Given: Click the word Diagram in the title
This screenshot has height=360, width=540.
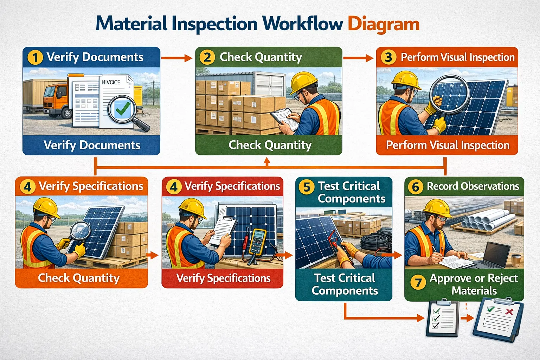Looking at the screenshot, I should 383,24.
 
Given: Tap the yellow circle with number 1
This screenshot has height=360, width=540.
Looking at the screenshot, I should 35,57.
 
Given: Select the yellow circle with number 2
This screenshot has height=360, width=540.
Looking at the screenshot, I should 207,57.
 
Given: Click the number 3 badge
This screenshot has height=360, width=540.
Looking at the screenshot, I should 388,57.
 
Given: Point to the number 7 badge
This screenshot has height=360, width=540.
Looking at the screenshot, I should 418,282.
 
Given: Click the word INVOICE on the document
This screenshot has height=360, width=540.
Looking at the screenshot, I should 111,82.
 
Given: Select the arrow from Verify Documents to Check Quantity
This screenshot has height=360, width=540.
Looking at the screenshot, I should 177,58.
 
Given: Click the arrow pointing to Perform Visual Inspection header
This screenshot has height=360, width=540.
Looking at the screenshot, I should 358,58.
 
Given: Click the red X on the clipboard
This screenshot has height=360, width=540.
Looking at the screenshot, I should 508,311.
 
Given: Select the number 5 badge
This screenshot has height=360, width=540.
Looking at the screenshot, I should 307,187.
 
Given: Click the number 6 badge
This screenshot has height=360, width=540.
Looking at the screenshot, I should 415,187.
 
